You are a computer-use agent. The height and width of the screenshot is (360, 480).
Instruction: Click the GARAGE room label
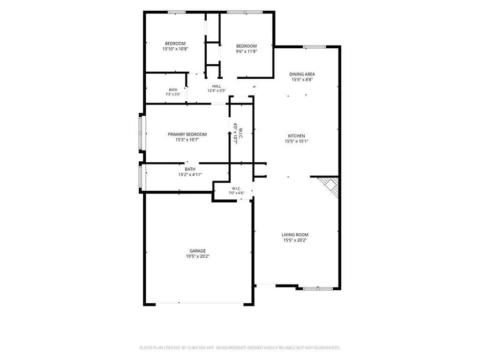(x=197, y=251)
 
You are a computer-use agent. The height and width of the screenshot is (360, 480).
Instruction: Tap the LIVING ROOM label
(x=295, y=235)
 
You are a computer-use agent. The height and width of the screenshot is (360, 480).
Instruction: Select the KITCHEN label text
(x=296, y=136)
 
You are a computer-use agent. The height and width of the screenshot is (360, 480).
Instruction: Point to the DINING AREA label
(x=302, y=74)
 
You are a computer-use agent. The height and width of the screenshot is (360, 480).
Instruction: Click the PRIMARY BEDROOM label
(x=187, y=135)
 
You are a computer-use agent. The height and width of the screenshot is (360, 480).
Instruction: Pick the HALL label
(x=217, y=86)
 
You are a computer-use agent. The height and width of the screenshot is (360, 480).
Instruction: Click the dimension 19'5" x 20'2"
(x=198, y=256)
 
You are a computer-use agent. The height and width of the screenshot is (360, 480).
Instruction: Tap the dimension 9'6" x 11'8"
(x=246, y=52)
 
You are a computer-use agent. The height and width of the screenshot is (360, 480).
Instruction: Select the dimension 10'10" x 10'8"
(x=175, y=49)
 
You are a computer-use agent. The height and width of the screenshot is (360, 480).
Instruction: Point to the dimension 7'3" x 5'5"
(x=173, y=94)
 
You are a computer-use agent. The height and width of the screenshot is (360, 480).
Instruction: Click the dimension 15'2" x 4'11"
(x=190, y=175)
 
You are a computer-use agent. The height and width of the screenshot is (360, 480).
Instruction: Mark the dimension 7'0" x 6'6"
(x=236, y=193)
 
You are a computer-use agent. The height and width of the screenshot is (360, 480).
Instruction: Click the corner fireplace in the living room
(x=330, y=186)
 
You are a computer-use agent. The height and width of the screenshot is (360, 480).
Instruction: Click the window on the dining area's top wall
(x=315, y=47)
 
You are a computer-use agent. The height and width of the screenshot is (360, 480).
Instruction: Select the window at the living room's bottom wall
(x=318, y=288)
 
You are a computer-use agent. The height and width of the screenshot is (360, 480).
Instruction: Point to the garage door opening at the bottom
(x=200, y=304)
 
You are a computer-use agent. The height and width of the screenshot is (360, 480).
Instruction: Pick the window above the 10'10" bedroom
(x=177, y=12)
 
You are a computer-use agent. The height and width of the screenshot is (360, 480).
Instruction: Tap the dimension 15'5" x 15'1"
(x=296, y=142)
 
